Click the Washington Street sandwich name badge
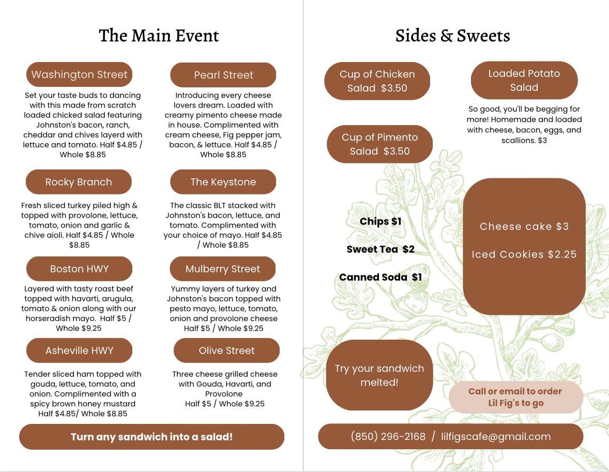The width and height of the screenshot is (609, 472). point(79,74)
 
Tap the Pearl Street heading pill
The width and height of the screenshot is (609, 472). point(223,75)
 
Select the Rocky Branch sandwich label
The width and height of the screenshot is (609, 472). point(79,182)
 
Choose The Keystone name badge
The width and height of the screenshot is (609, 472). point(223,182)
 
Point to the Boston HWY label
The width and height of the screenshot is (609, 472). point(79,269)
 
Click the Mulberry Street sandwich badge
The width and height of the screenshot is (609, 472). point(223,269)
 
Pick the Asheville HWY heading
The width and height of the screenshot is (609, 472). point(79,351)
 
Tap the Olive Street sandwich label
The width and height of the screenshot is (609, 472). point(226,351)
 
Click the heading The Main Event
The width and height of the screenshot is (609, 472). point(159,36)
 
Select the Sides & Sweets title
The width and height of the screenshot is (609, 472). point(452,36)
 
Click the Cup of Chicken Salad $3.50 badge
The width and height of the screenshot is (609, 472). point(377,81)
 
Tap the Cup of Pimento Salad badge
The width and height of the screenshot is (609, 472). point(379,144)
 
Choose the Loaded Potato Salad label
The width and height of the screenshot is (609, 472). point(524,81)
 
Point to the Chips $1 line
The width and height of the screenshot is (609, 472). point(380,221)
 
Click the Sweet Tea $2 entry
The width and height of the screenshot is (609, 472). point(380,249)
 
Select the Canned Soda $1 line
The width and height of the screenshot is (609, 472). point(380,277)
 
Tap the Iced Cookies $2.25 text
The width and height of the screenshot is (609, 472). point(524,254)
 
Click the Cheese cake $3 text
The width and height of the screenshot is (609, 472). point(524,226)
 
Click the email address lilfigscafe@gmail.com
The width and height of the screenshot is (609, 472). point(496,436)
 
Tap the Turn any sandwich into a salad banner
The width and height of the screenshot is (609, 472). point(151,437)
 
